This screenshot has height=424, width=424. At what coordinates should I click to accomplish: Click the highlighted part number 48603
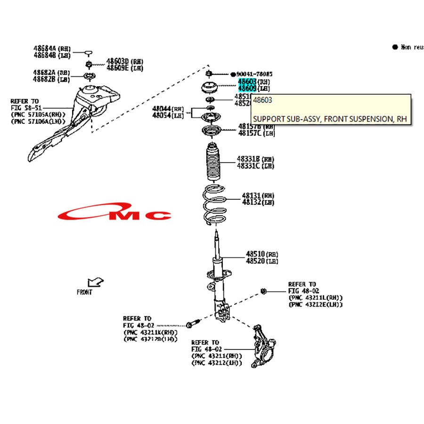coord(247,82)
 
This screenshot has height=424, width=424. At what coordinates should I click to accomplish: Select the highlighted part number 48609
coord(247,88)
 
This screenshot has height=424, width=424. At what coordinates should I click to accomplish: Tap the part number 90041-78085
coord(254,74)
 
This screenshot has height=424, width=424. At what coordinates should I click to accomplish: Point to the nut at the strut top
coord(208,73)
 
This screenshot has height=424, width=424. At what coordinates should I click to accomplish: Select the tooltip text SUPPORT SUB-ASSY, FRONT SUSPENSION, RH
coord(329,119)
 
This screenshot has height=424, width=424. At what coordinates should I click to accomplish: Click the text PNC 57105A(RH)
coord(41,114)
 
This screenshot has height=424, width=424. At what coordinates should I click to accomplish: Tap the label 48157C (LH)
coord(256,133)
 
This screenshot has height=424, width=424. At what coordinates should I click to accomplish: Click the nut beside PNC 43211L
coord(264,291)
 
